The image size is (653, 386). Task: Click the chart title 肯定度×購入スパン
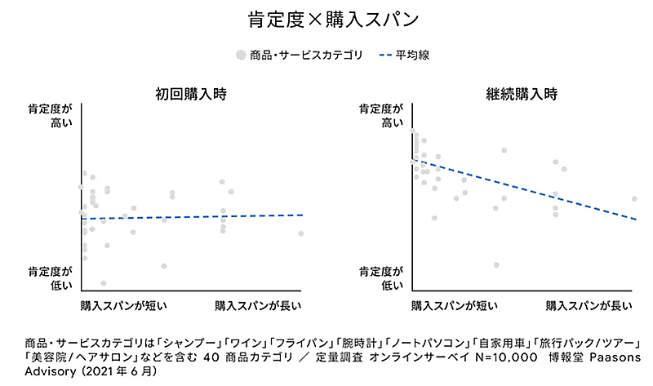[x=326, y=19]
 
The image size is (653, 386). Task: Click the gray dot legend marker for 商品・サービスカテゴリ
[x=241, y=55]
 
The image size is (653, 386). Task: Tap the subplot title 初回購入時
[x=191, y=93]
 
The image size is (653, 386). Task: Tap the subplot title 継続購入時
[x=522, y=93]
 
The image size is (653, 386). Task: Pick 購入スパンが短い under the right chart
[x=455, y=306]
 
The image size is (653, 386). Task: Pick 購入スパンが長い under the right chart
[x=589, y=306]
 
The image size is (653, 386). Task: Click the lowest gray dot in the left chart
[x=104, y=283]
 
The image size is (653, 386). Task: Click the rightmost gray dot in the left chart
[x=301, y=233]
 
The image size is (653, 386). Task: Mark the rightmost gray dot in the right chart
[x=634, y=198]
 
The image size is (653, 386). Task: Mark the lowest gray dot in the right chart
[x=495, y=264]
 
